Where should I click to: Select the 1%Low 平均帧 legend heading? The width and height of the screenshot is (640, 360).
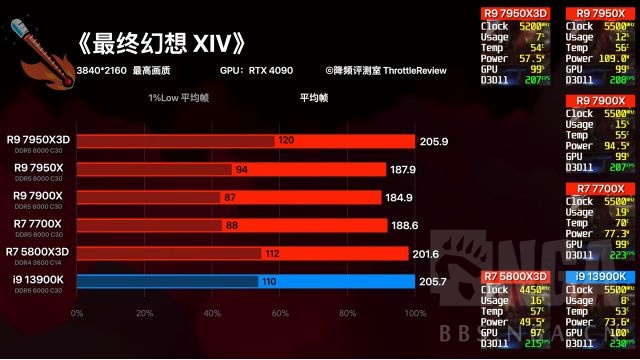pos(180,98)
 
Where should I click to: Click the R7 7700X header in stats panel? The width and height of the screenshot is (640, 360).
pos(596,188)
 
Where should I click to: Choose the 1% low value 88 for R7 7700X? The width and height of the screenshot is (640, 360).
pos(230,226)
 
